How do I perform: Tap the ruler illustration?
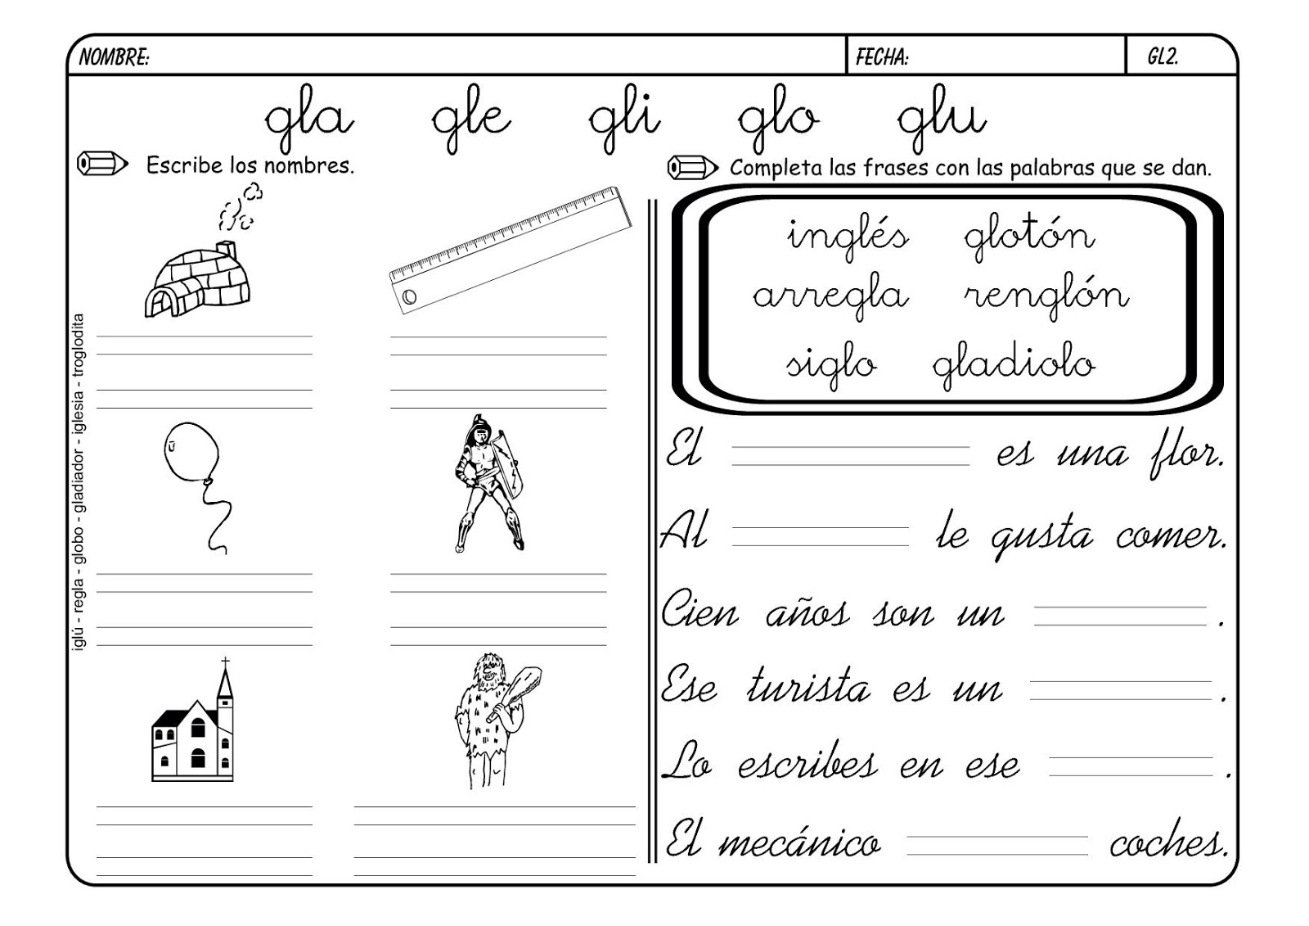coord(511,250)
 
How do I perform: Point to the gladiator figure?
coord(488,483)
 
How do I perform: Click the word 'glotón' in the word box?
coord(1028,236)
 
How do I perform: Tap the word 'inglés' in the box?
coord(847,236)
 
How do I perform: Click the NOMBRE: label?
coord(114,56)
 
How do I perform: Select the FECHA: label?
coord(881,56)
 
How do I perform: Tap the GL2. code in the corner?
coord(1162,56)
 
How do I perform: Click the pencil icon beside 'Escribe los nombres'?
coord(101,164)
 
